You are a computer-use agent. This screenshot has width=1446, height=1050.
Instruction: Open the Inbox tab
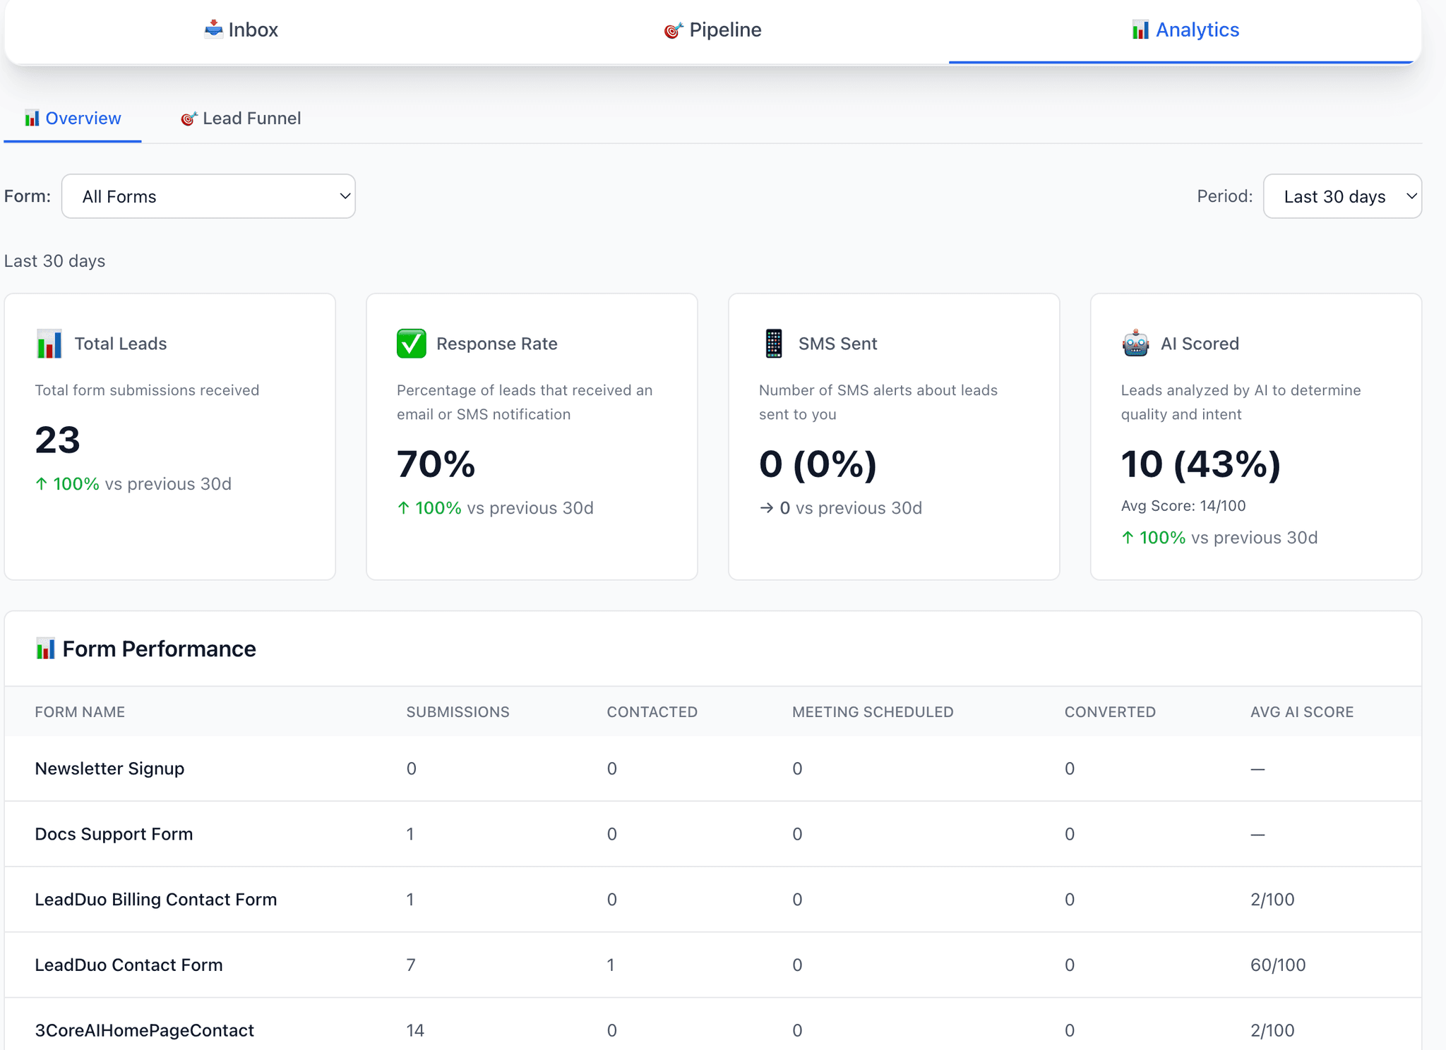(x=241, y=30)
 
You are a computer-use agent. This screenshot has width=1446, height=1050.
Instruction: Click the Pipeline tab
(x=713, y=30)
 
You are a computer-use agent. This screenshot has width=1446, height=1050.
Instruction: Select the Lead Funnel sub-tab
(x=241, y=119)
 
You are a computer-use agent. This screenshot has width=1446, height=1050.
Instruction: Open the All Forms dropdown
(x=208, y=196)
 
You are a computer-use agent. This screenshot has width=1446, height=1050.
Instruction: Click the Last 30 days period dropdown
(x=1342, y=196)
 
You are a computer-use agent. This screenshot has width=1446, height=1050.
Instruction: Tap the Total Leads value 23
(x=58, y=440)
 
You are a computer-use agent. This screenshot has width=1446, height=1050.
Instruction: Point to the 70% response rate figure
(x=436, y=464)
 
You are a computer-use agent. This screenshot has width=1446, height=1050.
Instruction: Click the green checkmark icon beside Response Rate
(x=411, y=344)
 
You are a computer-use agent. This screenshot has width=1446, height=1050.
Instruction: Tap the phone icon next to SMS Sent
(x=774, y=344)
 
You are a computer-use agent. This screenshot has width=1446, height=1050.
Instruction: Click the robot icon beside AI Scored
(x=1135, y=344)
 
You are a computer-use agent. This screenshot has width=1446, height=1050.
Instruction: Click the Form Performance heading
(x=159, y=649)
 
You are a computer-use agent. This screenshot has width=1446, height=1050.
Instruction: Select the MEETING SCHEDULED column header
(x=873, y=712)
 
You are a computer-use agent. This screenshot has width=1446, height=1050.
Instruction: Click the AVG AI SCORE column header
(x=1302, y=712)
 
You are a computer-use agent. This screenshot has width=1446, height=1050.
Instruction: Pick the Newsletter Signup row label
(x=109, y=768)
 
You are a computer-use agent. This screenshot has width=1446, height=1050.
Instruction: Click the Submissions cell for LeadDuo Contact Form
(x=411, y=965)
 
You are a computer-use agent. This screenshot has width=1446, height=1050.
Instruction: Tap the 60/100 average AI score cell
(x=1278, y=965)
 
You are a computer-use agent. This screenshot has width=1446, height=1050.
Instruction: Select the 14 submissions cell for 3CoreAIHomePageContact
(x=415, y=1030)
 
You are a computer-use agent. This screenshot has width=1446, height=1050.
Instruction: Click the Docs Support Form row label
(x=114, y=834)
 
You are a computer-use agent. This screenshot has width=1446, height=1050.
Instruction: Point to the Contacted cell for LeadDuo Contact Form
(x=611, y=965)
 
